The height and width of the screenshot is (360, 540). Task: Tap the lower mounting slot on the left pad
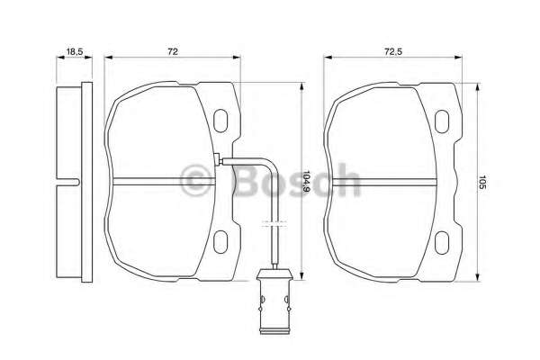click(x=221, y=240)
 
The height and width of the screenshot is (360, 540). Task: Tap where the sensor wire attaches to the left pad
click(x=219, y=162)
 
